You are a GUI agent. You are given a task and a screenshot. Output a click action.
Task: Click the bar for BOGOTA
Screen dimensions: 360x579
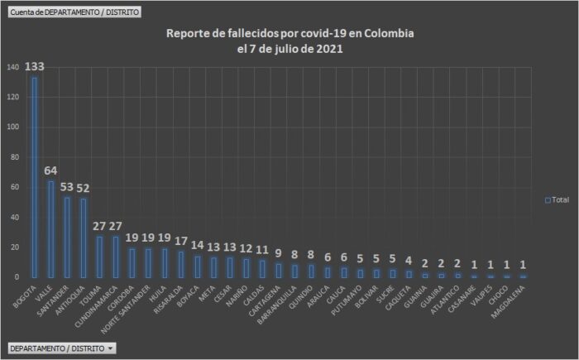click(34, 177)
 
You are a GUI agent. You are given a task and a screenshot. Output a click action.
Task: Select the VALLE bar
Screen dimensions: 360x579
click(50, 228)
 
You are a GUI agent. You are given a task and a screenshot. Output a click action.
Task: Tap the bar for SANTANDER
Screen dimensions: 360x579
click(67, 237)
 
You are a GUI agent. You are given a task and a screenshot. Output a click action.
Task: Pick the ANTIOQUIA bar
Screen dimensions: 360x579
click(84, 238)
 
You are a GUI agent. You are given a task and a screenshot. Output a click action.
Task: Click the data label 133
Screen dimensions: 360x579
click(34, 67)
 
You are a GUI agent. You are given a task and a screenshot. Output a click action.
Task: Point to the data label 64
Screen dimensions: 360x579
click(50, 170)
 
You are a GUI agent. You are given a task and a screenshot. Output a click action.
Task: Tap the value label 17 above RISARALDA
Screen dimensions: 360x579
click(180, 241)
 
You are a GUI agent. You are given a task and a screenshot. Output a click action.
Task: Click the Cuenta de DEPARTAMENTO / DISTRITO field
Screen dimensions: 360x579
click(75, 12)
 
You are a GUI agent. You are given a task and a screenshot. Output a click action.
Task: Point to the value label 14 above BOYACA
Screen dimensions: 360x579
click(198, 246)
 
